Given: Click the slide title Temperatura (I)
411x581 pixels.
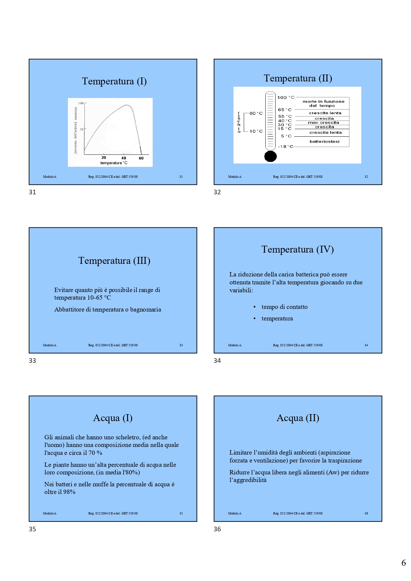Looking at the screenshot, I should click(114, 81).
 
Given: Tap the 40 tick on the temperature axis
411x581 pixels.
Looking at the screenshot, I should click(124, 158).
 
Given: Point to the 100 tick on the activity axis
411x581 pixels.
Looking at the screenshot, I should click(81, 103).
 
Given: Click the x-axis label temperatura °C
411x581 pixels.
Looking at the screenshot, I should click(114, 163).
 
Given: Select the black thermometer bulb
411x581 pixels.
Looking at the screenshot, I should click(270, 156).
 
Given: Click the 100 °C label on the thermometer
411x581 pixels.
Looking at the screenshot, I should click(285, 97).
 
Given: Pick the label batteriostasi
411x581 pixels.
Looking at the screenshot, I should click(324, 142).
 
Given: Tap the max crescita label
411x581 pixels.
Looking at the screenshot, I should click(323, 122).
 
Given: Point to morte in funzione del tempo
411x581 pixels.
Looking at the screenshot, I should click(323, 103).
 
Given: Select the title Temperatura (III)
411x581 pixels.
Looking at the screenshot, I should click(114, 261).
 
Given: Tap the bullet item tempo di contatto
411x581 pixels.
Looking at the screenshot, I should click(284, 307).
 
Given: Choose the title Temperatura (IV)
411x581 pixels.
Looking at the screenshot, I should click(297, 250).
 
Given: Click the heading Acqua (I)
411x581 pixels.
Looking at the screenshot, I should click(113, 418).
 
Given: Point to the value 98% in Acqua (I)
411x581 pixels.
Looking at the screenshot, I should click(69, 492).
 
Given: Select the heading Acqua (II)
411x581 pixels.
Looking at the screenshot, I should click(298, 418).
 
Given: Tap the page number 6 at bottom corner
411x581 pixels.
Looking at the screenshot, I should click(403, 563).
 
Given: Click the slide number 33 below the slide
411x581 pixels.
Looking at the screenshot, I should click(32, 361).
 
